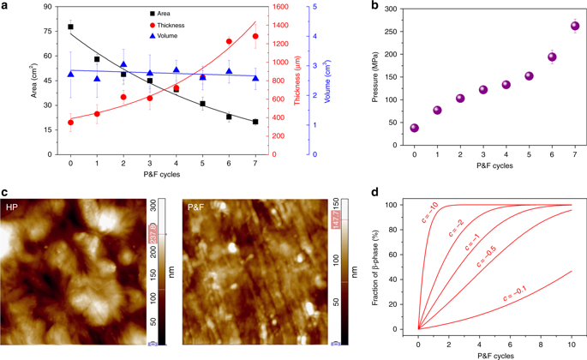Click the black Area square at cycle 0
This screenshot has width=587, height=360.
pyautogui.click(x=70, y=27)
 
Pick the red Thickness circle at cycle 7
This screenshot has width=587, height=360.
pyautogui.click(x=255, y=36)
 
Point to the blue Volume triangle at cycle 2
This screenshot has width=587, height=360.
pyautogui.click(x=123, y=64)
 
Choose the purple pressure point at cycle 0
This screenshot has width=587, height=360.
pyautogui.click(x=415, y=128)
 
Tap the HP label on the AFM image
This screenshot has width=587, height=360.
pyautogui.click(x=12, y=208)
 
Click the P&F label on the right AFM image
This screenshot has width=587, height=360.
pyautogui.click(x=196, y=208)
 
